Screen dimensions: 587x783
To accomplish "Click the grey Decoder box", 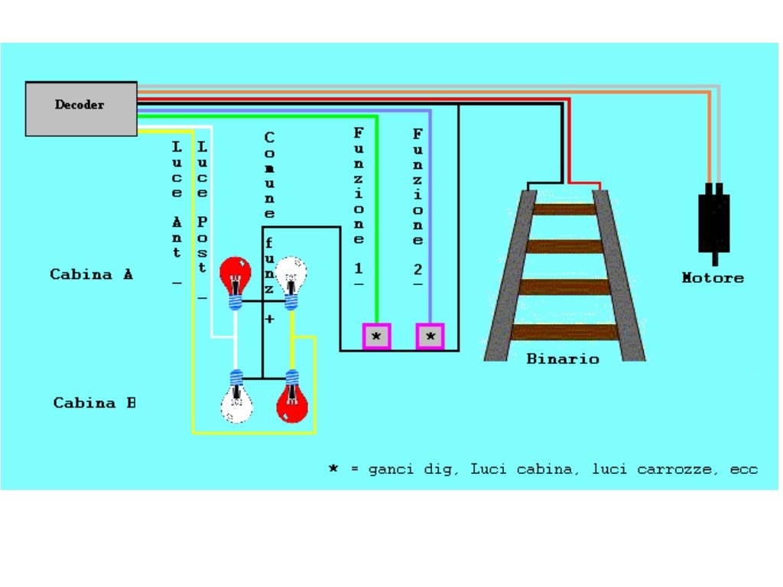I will (x=81, y=108).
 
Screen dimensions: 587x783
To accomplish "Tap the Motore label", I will (x=712, y=277).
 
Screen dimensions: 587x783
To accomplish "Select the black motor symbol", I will (x=713, y=222).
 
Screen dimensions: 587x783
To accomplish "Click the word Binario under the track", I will (x=562, y=358).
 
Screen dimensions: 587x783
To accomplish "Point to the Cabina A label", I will (x=91, y=274).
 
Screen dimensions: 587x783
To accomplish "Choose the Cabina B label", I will (x=94, y=402).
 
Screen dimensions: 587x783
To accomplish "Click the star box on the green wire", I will (x=376, y=336).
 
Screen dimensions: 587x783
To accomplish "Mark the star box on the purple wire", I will (x=430, y=336).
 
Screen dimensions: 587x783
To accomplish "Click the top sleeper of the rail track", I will (x=564, y=209).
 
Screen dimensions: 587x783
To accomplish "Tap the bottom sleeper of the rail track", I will (x=564, y=332).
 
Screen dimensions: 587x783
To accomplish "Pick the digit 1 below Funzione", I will (x=359, y=269).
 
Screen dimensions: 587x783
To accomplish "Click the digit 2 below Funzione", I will (x=417, y=269).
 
